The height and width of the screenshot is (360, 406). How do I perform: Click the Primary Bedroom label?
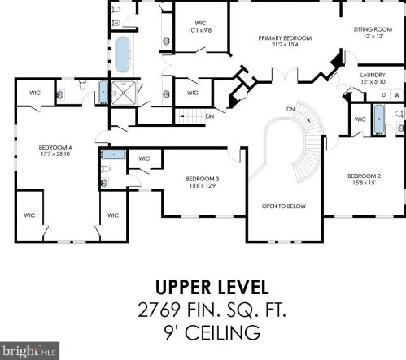tap(285, 38)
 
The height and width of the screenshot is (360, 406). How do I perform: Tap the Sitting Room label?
tap(373, 29)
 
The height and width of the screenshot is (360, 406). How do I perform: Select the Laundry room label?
tap(373, 75)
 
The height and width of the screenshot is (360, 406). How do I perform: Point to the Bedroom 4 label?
tap(55, 148)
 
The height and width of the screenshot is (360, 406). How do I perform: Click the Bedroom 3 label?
tap(203, 179)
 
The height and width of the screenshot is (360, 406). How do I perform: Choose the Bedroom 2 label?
tap(364, 176)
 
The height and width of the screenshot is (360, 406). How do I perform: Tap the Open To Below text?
tap(284, 206)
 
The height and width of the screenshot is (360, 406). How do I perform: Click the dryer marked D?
tap(384, 95)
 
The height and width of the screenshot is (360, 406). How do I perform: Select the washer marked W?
tap(397, 95)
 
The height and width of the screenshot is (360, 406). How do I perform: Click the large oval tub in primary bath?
tap(123, 54)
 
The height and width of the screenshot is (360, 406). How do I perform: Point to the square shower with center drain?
tap(124, 93)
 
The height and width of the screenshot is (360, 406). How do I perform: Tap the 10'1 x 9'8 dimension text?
tap(200, 30)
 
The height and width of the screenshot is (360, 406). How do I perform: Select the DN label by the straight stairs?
tap(210, 116)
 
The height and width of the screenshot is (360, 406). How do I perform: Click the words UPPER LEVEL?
tap(212, 288)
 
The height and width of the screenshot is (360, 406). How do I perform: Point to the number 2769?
tap(159, 310)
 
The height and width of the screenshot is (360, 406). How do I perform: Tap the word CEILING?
tap(222, 332)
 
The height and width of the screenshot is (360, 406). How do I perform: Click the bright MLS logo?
tap(29, 351)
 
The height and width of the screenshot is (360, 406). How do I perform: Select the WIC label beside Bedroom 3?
tap(144, 158)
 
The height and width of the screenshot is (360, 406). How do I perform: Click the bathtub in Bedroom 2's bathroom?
tap(379, 119)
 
